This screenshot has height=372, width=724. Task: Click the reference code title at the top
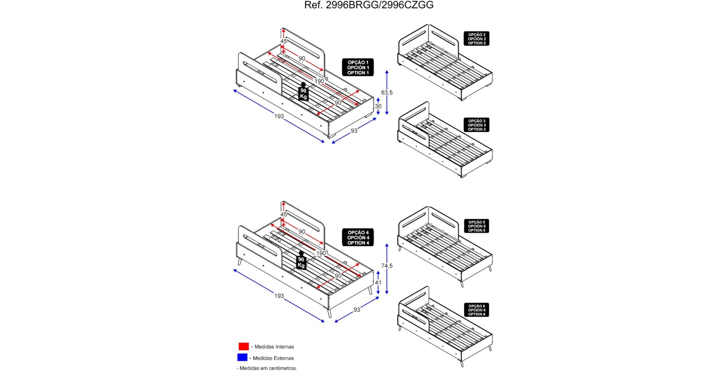coord(369,5)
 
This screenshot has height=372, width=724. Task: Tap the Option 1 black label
coord(358,67)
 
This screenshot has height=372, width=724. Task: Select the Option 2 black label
coord(476,39)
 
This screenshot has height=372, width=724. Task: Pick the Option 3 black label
coord(476,125)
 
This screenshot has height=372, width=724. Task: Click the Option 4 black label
coord(358,237)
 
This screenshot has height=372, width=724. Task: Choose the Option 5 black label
coord(476,226)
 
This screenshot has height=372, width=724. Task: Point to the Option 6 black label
coord(476,310)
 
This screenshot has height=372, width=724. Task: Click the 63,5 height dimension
coord(387,93)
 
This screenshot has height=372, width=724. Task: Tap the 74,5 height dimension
coord(387,266)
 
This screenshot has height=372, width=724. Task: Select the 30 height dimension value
coord(378,106)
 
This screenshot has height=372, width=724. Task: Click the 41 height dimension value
coord(378,283)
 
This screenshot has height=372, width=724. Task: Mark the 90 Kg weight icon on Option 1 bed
coord(303,93)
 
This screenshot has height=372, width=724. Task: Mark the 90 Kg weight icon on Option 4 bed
coord(301,261)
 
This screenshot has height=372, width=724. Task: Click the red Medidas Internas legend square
coord(244,346)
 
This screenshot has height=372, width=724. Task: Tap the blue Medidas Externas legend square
coord(242,358)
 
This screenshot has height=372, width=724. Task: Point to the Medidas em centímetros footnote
coord(267,368)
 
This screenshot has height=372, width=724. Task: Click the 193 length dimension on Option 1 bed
coord(279,116)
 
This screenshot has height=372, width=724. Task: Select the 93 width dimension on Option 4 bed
coord(357,310)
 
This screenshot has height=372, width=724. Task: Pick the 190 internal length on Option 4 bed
coord(321,253)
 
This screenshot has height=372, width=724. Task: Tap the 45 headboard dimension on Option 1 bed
coord(283,41)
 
